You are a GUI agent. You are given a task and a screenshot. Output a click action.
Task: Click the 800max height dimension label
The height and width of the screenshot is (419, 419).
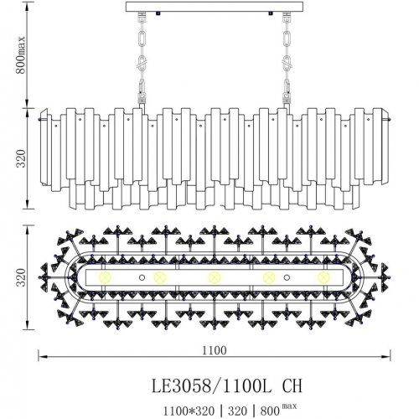[x=21, y=55]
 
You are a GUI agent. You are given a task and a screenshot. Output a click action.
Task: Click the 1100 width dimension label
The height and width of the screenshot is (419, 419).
[x=215, y=350]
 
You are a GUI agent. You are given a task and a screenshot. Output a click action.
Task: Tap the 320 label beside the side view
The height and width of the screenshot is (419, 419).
[x=21, y=158]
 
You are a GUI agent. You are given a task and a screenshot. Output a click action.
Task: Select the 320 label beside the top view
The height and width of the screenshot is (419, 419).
[x=21, y=277]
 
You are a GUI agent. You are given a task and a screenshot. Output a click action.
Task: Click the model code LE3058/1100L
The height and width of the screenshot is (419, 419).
[x=211, y=385]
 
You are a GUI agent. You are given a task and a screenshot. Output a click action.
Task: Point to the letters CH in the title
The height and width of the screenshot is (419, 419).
[x=292, y=385]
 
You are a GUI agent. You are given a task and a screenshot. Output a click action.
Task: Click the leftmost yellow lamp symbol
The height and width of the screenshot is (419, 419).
[x=106, y=277]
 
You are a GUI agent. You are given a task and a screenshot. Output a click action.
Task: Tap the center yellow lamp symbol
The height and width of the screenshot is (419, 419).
[x=215, y=277]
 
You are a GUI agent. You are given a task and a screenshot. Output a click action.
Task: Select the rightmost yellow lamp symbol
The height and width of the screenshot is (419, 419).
[x=323, y=277]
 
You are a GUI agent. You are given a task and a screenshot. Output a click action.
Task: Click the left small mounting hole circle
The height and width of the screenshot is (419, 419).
[x=142, y=277]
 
